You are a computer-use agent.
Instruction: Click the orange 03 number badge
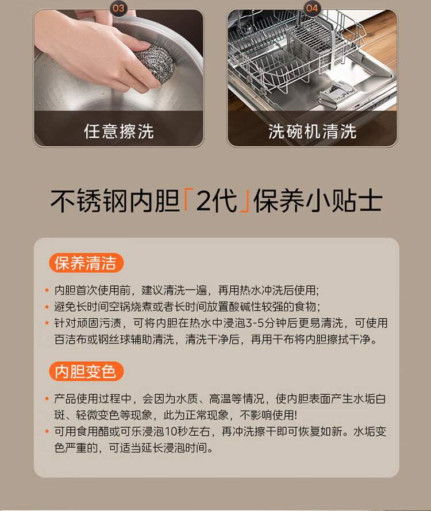[x=118, y=8]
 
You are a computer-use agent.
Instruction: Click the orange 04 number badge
[x=312, y=8]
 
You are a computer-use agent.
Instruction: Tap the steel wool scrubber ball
[x=155, y=63]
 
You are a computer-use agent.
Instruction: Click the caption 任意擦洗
[x=119, y=131]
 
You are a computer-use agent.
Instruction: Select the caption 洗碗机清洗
[x=312, y=131]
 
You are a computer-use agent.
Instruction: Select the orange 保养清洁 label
[x=86, y=263]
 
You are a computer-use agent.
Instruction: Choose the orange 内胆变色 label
[x=86, y=371]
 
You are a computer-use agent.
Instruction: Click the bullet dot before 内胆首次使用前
[x=47, y=290]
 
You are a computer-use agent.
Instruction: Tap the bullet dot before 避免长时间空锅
[x=47, y=307]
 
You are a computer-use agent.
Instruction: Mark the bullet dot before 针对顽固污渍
[x=47, y=323]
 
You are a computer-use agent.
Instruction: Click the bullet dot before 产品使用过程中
[x=47, y=398]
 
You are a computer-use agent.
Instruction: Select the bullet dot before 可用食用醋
[x=47, y=432]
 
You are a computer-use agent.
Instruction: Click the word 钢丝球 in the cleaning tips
[x=114, y=339]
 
